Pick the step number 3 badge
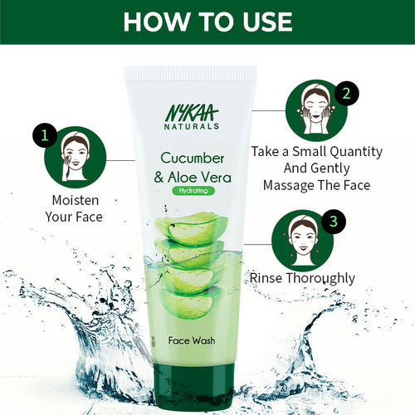[x=332, y=222]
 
